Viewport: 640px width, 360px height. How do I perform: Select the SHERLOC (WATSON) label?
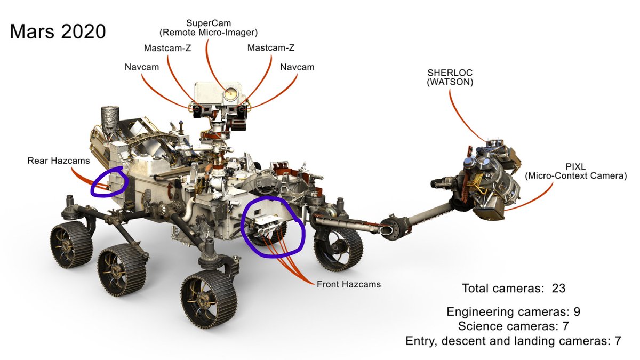pyautogui.click(x=450, y=77)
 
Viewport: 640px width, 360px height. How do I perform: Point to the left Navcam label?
pyautogui.click(x=140, y=67)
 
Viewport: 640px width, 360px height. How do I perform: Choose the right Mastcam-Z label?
pyautogui.click(x=271, y=48)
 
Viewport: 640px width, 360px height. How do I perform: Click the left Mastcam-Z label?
pyautogui.click(x=167, y=48)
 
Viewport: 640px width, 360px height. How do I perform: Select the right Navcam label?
pyautogui.click(x=297, y=67)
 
